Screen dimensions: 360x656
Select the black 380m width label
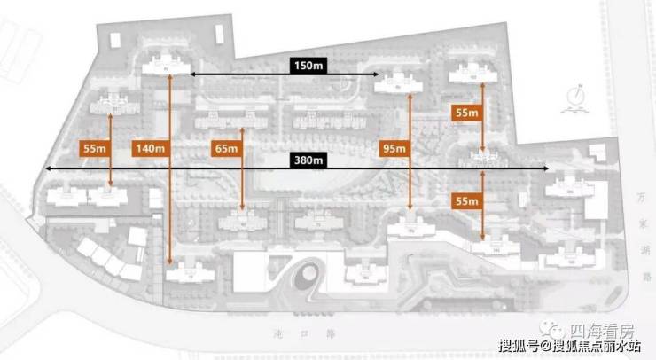click(x=308, y=160)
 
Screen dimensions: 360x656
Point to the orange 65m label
click(x=226, y=148)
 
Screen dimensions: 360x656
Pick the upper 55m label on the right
click(x=467, y=113)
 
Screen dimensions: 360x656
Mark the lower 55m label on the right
click(x=467, y=200)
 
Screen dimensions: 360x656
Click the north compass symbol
click(x=577, y=97)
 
